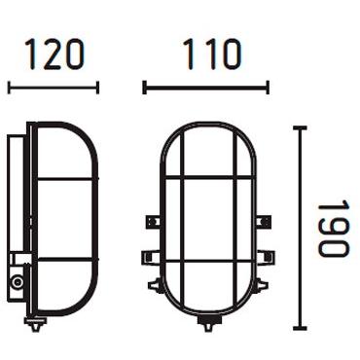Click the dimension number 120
[x=54, y=55]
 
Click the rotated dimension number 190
[x=333, y=229]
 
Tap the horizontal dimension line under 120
[x=54, y=88]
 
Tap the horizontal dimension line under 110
[x=205, y=88]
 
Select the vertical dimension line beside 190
[x=300, y=229]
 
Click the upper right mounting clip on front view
[x=260, y=222]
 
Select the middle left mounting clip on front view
[x=150, y=257]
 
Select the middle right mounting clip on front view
[x=260, y=257]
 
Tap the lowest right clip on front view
[x=258, y=287]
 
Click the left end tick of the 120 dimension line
[x=9, y=88]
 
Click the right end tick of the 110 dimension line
[x=268, y=88]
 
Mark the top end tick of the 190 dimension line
[x=300, y=127]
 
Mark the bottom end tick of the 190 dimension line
[x=300, y=329]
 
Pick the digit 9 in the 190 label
[x=333, y=230]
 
